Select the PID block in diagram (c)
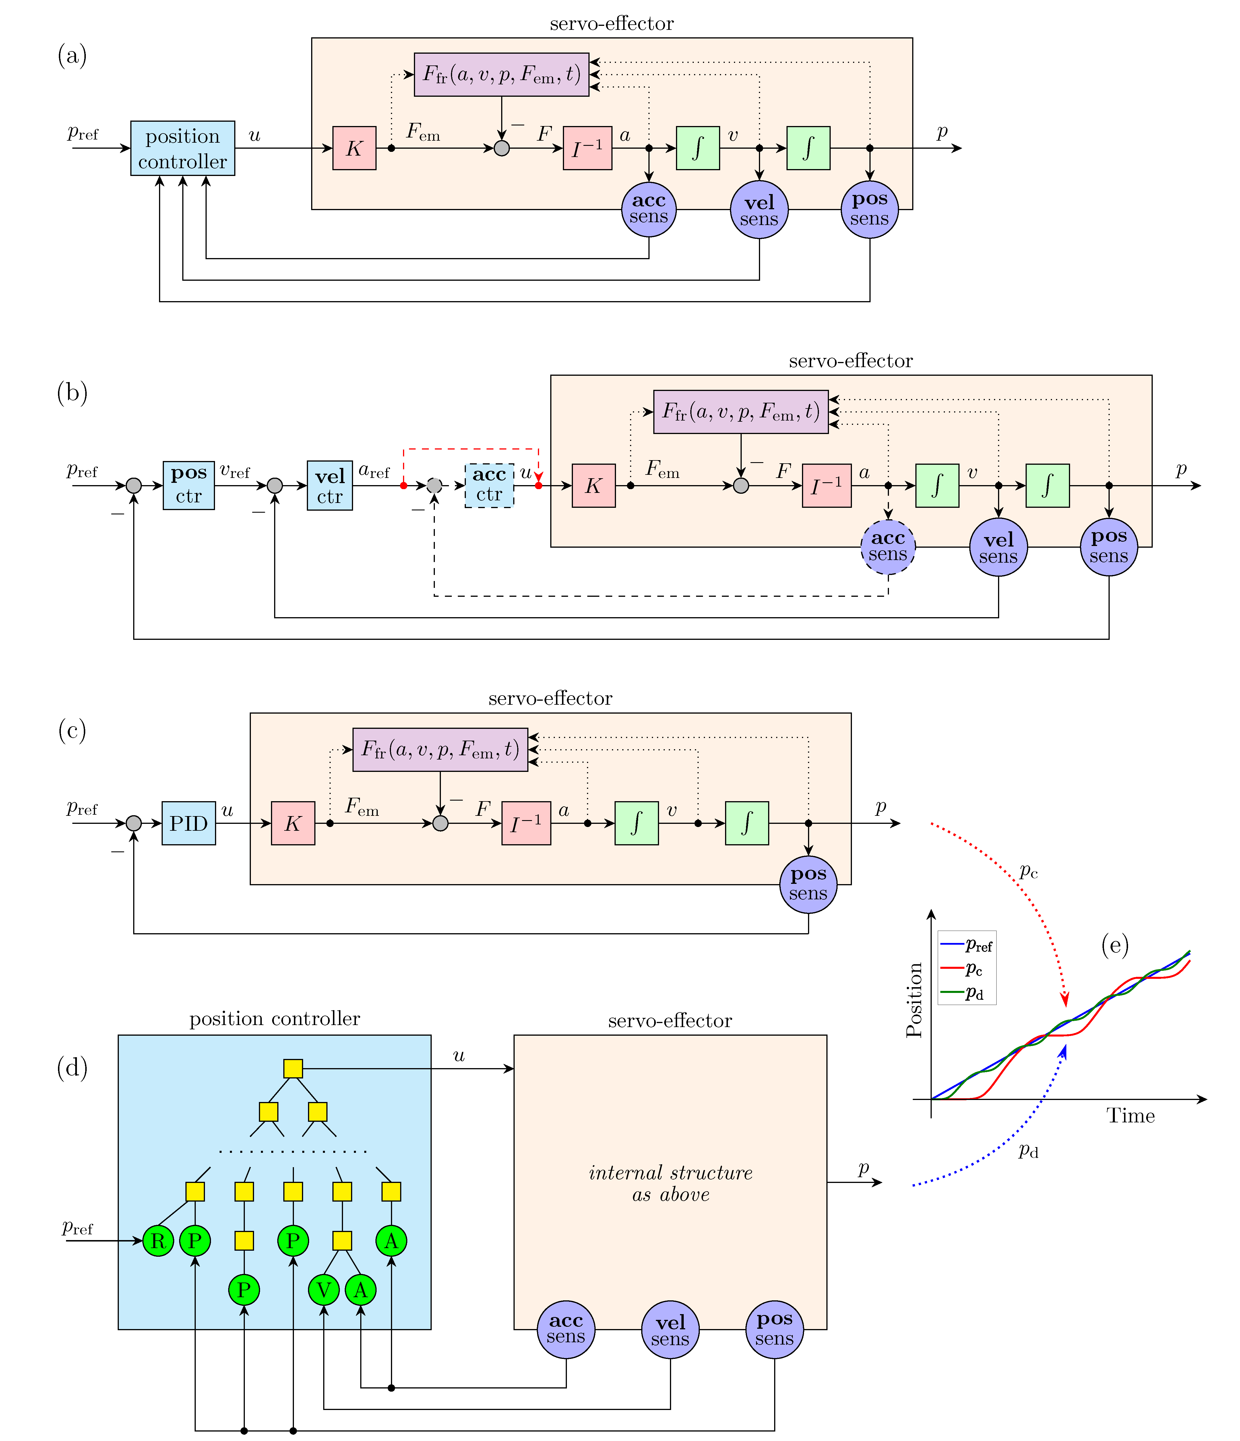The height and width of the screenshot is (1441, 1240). click(x=189, y=824)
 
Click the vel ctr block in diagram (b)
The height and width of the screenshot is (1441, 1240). click(x=330, y=485)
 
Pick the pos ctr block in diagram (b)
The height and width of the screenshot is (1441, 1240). click(x=189, y=485)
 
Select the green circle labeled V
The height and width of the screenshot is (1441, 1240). click(x=323, y=1290)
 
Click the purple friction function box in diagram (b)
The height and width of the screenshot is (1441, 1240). click(x=741, y=412)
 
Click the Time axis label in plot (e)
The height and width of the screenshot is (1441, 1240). click(x=1130, y=1116)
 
